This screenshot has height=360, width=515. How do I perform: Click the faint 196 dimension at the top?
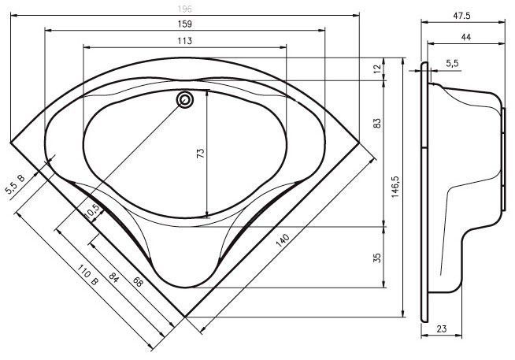coord(184,9)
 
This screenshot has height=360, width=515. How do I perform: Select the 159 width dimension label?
coord(184,24)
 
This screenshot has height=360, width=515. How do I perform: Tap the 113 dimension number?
coord(184,41)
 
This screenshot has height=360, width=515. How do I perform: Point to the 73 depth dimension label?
coord(201,153)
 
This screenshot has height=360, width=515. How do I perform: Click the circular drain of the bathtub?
coord(185,99)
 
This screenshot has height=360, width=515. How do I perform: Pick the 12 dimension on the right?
coord(378,69)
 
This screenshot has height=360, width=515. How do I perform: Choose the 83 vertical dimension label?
coord(378,123)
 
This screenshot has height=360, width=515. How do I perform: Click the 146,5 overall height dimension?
coord(395,186)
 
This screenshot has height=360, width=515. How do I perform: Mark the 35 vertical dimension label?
coord(378,258)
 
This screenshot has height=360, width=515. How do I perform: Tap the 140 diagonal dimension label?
coord(283,241)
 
